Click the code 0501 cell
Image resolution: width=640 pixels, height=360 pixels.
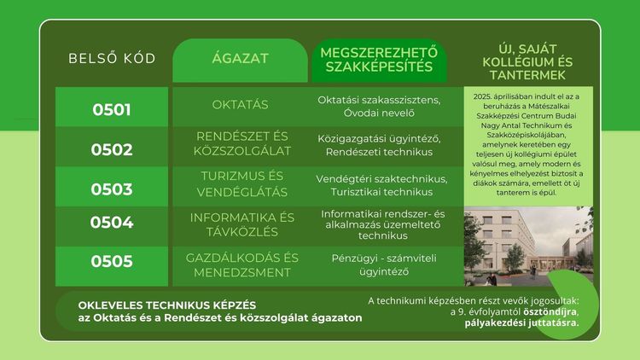pyautogui.click(x=112, y=109)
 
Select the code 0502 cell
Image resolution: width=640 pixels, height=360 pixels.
pyautogui.click(x=112, y=149)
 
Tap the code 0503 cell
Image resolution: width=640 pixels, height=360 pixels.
pyautogui.click(x=112, y=189)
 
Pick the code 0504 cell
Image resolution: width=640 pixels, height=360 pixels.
pyautogui.click(x=112, y=224)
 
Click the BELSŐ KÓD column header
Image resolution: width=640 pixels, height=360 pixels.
pyautogui.click(x=112, y=59)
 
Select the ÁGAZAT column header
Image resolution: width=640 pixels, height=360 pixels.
pyautogui.click(x=240, y=59)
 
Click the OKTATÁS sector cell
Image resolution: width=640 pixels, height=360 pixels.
pyautogui.click(x=240, y=105)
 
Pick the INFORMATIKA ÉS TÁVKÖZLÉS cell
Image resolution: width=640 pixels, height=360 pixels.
pyautogui.click(x=243, y=224)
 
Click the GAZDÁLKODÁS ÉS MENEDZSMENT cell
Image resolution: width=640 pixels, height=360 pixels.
pyautogui.click(x=243, y=264)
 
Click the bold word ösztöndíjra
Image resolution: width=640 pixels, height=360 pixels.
pyautogui.click(x=544, y=311)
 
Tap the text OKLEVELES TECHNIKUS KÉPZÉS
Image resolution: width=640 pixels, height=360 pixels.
pyautogui.click(x=166, y=305)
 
